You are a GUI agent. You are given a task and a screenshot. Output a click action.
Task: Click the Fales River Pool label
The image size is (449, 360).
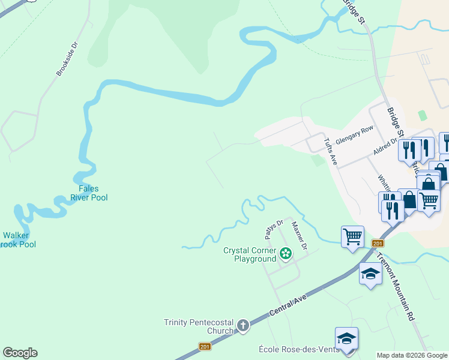click(x=89, y=193)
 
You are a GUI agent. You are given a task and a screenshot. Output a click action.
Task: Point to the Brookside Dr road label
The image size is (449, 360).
click(x=67, y=59)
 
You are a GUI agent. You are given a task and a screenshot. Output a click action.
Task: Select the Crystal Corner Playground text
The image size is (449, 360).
click(x=250, y=254)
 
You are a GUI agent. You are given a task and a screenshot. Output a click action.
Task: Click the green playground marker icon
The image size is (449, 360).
click(x=286, y=254)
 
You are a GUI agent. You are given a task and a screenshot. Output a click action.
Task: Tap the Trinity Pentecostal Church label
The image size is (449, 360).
click(x=199, y=326)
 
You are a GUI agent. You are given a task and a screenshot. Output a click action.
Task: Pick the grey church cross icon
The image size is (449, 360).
click(x=243, y=326)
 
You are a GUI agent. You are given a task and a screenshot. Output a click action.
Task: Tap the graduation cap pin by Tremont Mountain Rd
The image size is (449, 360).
click(x=370, y=274)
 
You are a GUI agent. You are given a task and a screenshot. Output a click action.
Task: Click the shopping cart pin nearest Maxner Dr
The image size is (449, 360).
click(x=352, y=236)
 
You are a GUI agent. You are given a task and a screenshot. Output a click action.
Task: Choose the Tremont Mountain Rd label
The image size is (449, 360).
click(x=396, y=286)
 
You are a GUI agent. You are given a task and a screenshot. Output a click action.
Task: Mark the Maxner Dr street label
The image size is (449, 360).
click(x=299, y=236)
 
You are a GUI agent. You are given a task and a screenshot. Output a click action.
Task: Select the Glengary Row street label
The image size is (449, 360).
click(x=355, y=133)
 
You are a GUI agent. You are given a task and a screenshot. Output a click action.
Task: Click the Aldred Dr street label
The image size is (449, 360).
click(x=385, y=145)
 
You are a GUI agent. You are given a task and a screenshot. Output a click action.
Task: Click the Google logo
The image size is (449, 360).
click(x=20, y=353)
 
